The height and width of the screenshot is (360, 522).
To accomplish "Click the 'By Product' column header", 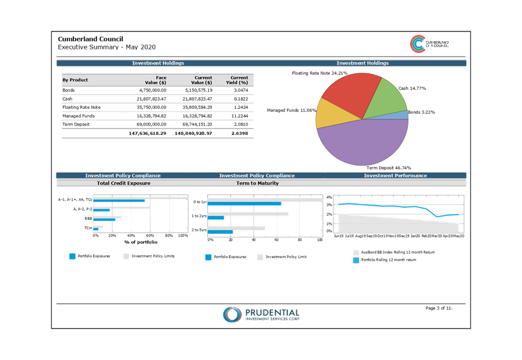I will pyautogui.click(x=75, y=80).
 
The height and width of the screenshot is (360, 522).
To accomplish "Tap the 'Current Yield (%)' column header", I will pyautogui.click(x=239, y=80).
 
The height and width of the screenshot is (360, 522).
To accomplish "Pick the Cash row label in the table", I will pyautogui.click(x=68, y=99).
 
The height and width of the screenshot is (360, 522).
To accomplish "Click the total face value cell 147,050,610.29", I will pyautogui.click(x=147, y=134).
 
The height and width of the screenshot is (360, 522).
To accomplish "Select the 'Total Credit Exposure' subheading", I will pyautogui.click(x=123, y=183).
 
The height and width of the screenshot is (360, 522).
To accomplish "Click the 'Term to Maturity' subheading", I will pyautogui.click(x=257, y=183).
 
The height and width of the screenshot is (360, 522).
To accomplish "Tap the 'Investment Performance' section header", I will pyautogui.click(x=396, y=176).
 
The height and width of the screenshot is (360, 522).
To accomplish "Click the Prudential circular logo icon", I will pyautogui.click(x=232, y=315).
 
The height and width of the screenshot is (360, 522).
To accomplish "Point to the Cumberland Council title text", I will pyautogui.click(x=91, y=39).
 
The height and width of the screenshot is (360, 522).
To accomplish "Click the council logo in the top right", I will pyautogui.click(x=418, y=44).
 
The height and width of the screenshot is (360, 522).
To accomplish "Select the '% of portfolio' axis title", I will pyautogui.click(x=140, y=241).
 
